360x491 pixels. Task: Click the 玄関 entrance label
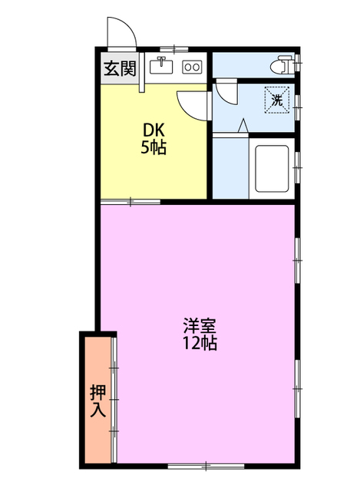120,68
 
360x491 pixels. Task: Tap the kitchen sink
161,67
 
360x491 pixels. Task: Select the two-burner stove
191,68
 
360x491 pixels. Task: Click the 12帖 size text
199,344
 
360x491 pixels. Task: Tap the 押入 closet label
97,400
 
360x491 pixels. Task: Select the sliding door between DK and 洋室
130,202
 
